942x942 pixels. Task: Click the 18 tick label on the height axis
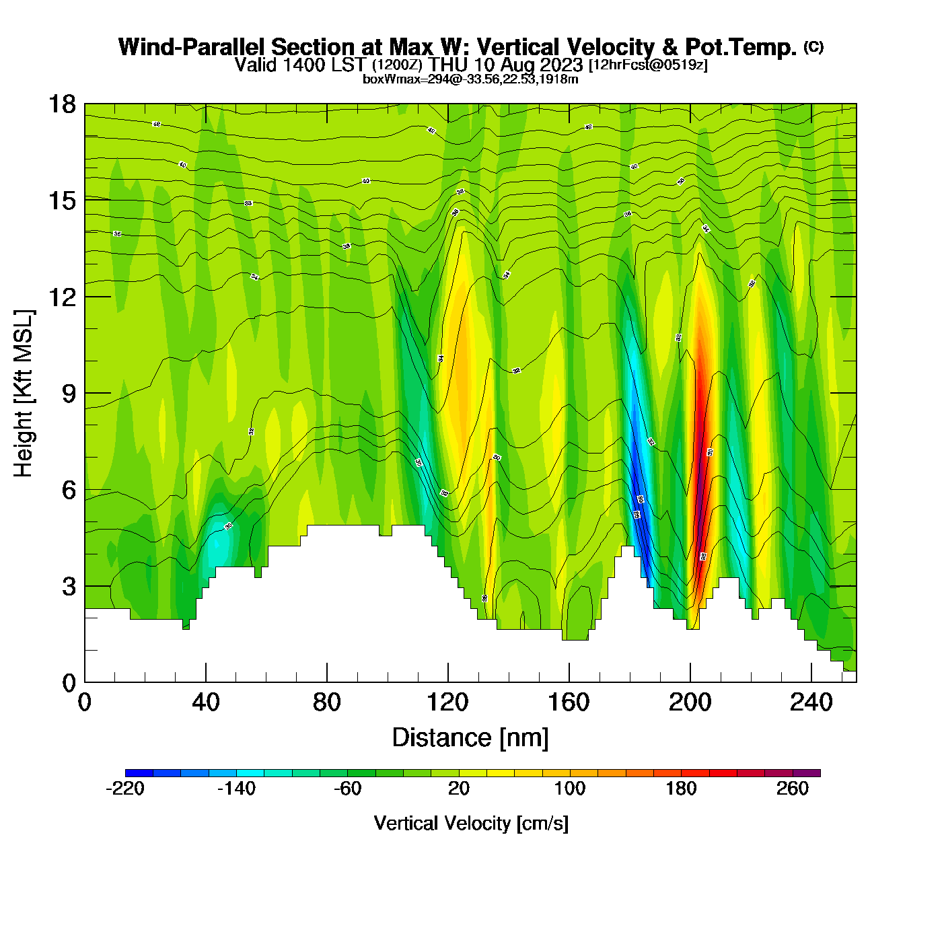(61, 104)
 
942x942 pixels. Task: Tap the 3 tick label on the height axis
(69, 587)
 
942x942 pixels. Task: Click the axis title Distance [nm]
(470, 738)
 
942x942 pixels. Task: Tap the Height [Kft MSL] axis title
(24, 394)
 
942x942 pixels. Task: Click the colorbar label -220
(125, 789)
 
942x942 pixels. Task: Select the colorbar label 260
(793, 789)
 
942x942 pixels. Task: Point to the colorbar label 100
(570, 789)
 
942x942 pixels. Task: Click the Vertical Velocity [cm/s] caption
(471, 824)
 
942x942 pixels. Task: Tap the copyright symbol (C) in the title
(813, 46)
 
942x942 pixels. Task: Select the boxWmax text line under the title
(470, 79)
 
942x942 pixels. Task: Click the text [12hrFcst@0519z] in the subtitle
(648, 65)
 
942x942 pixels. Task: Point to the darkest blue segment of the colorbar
(139, 773)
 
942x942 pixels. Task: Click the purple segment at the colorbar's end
(807, 773)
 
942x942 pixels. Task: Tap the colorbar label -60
(348, 789)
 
